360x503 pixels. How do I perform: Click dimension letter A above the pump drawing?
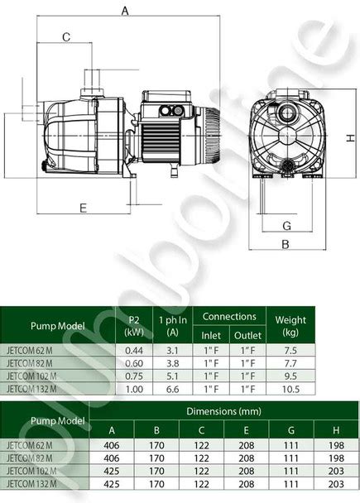point(125,11)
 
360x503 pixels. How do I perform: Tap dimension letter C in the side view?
point(66,37)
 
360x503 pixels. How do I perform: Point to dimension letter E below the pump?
point(83,208)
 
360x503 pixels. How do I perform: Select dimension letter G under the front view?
point(287,226)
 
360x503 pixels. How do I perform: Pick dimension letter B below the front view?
point(286,244)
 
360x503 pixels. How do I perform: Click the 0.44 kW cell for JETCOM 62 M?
point(134,350)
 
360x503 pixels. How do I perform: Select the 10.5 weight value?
point(290,389)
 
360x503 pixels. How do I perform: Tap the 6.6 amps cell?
point(173,389)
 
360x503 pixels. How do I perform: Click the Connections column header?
point(229,317)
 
